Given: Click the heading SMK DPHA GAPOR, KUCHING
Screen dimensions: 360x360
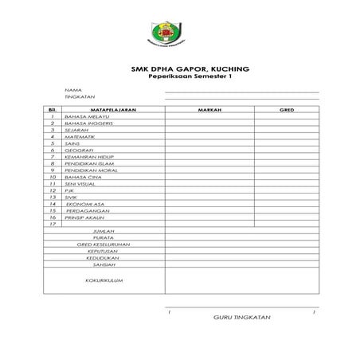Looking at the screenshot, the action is [179, 69].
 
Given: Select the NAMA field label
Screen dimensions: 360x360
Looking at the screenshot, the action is [73, 90].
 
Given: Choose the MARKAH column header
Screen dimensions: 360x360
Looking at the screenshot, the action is [209, 109].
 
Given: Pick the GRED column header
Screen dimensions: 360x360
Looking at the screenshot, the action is [287, 109].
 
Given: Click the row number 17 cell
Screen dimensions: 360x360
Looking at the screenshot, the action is [52, 224].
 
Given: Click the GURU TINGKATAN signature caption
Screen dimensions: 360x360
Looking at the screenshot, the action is [243, 318].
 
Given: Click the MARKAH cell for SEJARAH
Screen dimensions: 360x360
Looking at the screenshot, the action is [209, 130].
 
